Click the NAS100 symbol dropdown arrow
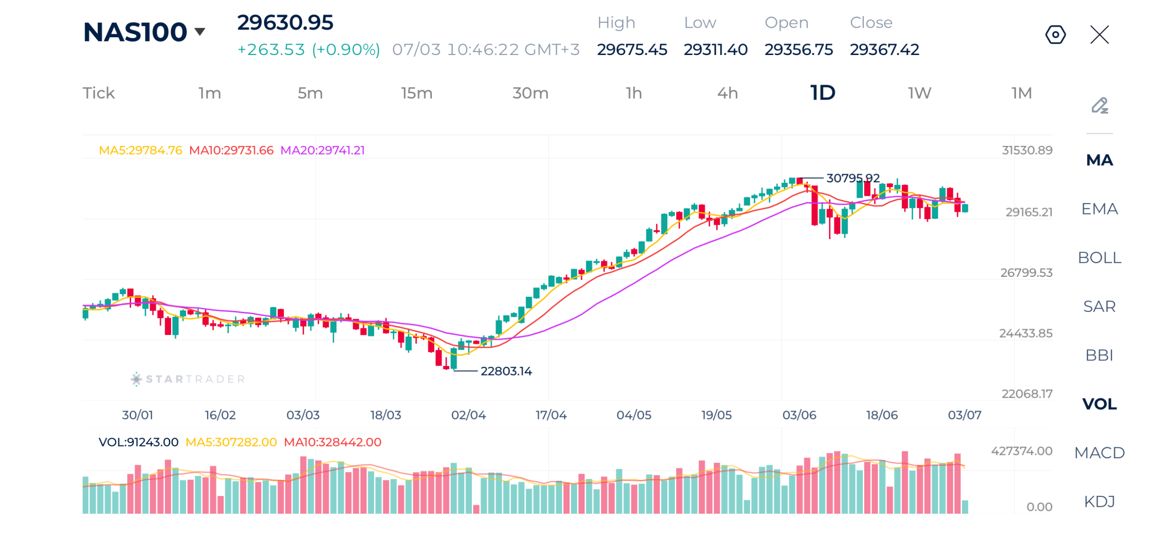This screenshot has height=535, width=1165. [199, 31]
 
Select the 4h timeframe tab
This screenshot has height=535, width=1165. [727, 93]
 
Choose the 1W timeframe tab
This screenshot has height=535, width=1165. [919, 93]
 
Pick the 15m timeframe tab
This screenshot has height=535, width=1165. [416, 93]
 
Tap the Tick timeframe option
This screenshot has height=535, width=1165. [98, 93]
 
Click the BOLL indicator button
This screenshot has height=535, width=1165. [1099, 257]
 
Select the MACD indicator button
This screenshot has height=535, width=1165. [1099, 452]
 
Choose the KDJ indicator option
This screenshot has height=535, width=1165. [1099, 501]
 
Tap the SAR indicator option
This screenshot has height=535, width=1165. [1099, 306]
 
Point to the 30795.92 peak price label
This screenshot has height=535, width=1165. [852, 178]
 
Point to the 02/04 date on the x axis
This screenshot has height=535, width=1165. [468, 415]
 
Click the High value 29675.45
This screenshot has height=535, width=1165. [632, 49]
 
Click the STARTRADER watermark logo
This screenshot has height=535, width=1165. [187, 379]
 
